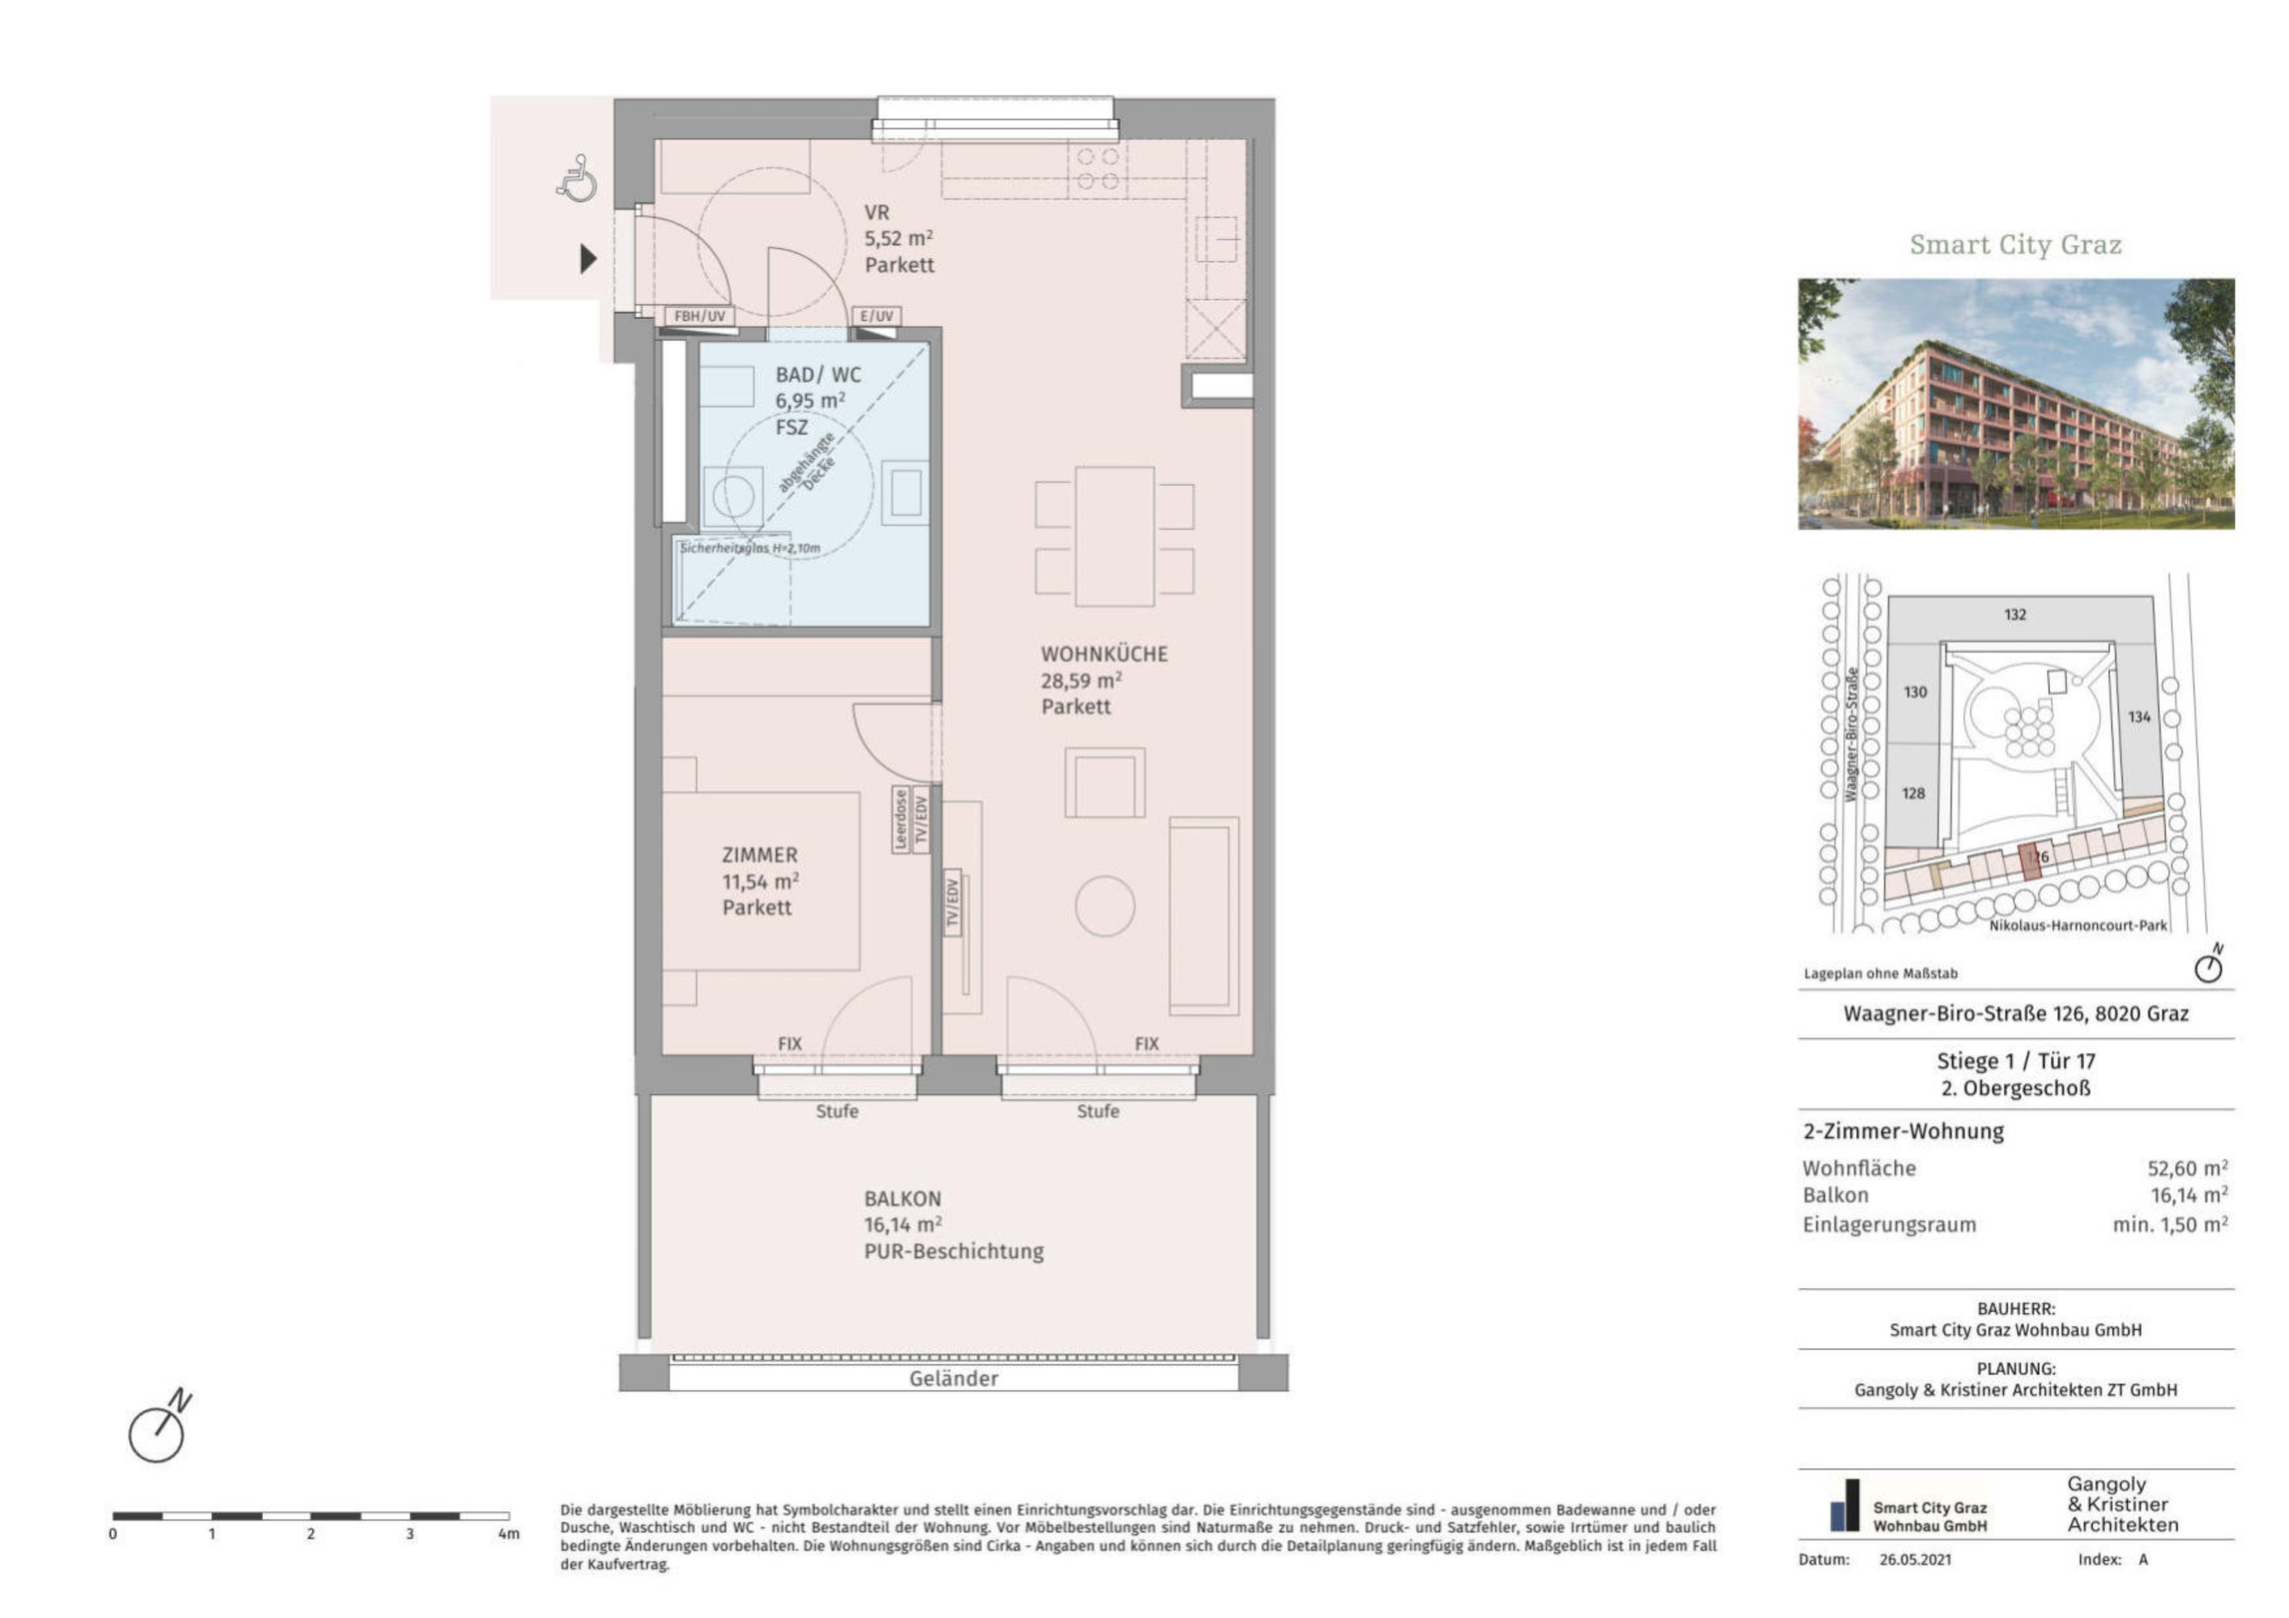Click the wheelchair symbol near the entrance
tap(576, 179)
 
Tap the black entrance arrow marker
tap(588, 259)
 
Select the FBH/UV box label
tap(700, 316)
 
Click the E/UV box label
tap(876, 316)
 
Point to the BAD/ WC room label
tap(817, 375)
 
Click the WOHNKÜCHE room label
tap(1104, 654)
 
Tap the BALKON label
tap(903, 1198)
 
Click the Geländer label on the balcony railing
tap(953, 1379)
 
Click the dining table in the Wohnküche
tap(1114, 536)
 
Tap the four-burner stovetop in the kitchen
tap(1097, 169)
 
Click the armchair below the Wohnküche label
tap(1105, 783)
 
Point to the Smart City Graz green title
tap(2015, 244)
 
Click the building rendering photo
tap(2016, 404)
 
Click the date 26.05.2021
tap(1915, 1559)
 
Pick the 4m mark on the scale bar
tap(508, 1533)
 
